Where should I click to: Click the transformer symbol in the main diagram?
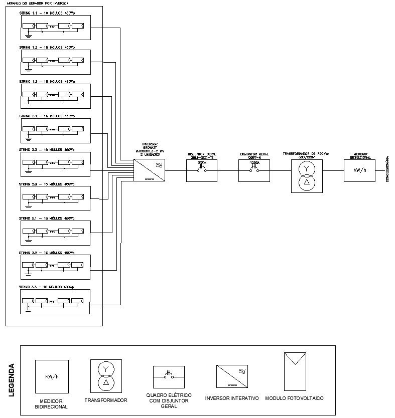(x=307, y=175)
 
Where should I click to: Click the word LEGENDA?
(x=12, y=380)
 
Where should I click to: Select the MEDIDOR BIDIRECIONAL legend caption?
(x=51, y=404)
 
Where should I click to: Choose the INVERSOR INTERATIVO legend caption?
(x=232, y=398)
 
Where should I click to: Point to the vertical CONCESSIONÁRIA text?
(x=387, y=169)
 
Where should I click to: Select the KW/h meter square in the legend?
(x=51, y=376)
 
